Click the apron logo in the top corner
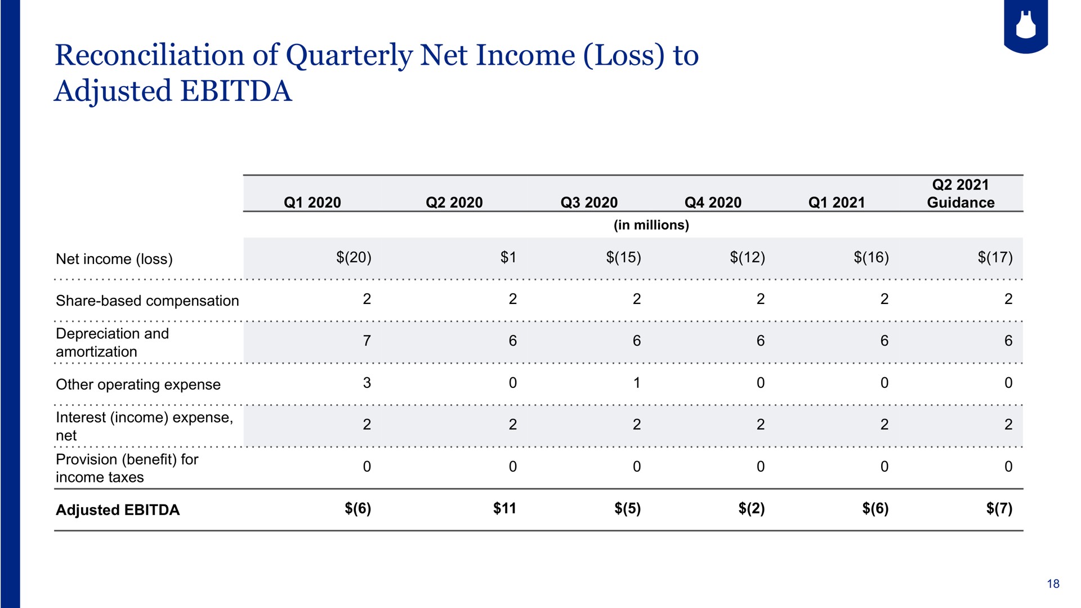pyautogui.click(x=1026, y=26)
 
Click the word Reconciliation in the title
pyautogui.click(x=149, y=56)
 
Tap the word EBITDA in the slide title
pyautogui.click(x=236, y=91)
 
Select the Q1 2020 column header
pyautogui.click(x=312, y=203)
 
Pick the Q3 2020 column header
pyautogui.click(x=589, y=203)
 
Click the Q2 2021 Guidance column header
pyautogui.click(x=961, y=194)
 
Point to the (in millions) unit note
pyautogui.click(x=651, y=225)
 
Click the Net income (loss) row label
pyautogui.click(x=114, y=259)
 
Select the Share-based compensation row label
pyautogui.click(x=148, y=301)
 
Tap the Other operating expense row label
pyautogui.click(x=138, y=385)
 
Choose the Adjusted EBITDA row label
pyautogui.click(x=118, y=510)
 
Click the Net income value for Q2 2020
pyautogui.click(x=508, y=257)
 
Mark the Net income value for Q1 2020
pyautogui.click(x=354, y=257)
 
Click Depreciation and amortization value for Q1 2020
pyautogui.click(x=367, y=341)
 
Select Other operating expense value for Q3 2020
pyautogui.click(x=637, y=383)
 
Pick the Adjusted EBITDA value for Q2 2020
pyautogui.click(x=504, y=508)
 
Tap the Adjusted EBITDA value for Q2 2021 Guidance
pyautogui.click(x=999, y=509)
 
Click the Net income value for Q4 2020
pyautogui.click(x=748, y=257)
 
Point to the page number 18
pyautogui.click(x=1053, y=584)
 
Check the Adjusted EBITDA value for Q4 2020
pyautogui.click(x=752, y=509)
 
